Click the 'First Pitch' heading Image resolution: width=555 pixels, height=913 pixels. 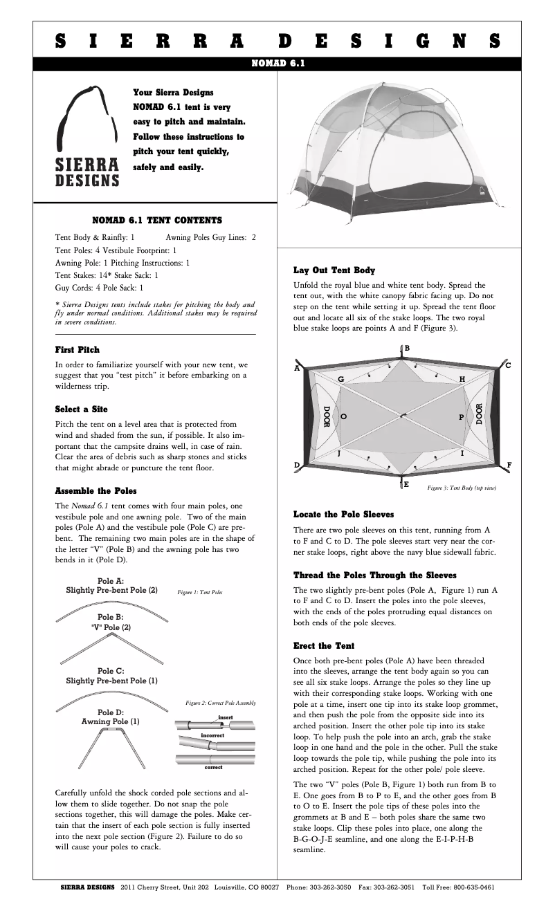coord(77,350)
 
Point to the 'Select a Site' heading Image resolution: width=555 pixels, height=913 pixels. coord(81,409)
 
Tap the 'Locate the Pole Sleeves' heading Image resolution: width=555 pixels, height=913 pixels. coord(344,515)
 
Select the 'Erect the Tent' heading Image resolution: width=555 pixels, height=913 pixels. coord(324,646)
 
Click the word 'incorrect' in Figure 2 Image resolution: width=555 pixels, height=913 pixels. coord(212,735)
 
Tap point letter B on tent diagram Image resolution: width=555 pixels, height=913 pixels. coord(407,348)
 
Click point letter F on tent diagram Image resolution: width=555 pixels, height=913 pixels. coord(509,465)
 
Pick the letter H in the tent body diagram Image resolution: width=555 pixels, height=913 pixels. coord(462,380)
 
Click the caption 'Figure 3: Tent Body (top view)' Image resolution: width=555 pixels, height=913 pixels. coord(462,488)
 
